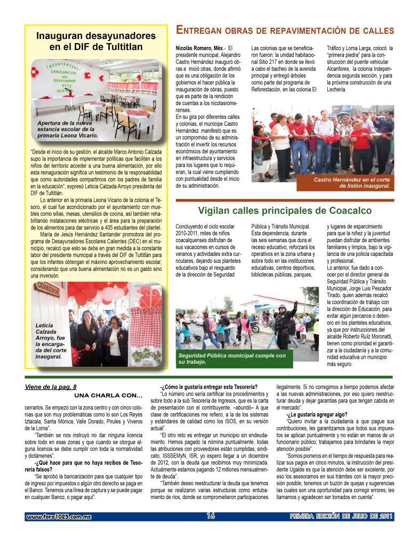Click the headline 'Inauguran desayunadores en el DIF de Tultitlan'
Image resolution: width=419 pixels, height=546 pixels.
pyautogui.click(x=96, y=41)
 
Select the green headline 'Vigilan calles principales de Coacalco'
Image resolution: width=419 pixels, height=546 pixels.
pyautogui.click(x=285, y=211)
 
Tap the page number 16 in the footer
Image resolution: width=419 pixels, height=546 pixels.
pyautogui.click(x=210, y=516)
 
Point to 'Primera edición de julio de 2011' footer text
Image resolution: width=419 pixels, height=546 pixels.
pyautogui.click(x=341, y=516)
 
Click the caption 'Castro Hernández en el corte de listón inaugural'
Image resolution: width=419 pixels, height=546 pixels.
pyautogui.click(x=351, y=183)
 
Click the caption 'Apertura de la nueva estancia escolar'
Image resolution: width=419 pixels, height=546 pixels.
pyautogui.click(x=68, y=129)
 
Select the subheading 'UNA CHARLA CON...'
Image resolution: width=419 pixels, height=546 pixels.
pyautogui.click(x=108, y=395)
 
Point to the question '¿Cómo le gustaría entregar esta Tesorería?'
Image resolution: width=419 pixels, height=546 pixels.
pyautogui.click(x=209, y=387)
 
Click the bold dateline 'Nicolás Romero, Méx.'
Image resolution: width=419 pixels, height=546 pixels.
pyautogui.click(x=199, y=49)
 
